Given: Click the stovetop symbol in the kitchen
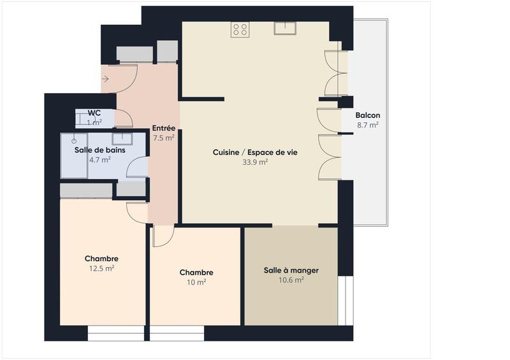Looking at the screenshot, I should coord(240,29).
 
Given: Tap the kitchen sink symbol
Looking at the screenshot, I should coord(284,28).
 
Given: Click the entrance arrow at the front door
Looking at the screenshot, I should coord(105,79).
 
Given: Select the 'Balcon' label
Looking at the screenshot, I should coord(368,115).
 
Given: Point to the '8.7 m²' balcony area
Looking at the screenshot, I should coord(368,126).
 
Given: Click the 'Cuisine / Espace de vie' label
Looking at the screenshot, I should coord(255,152).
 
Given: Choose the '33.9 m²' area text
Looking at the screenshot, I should coord(255,162).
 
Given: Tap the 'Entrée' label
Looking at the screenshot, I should coord(164,127).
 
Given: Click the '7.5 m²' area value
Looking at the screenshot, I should coord(164,137).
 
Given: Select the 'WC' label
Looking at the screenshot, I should coord(94,113).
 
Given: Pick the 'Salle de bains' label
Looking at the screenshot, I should coord(100,150).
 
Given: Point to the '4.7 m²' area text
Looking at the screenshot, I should coord(100,160).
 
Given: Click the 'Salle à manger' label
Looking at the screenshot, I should coord(291,270).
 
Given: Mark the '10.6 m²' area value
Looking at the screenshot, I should coord(291,280).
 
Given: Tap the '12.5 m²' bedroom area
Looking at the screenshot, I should coord(101,268).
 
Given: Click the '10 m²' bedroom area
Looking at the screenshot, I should coord(196,282).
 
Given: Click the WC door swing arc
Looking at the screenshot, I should coord(125,117).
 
